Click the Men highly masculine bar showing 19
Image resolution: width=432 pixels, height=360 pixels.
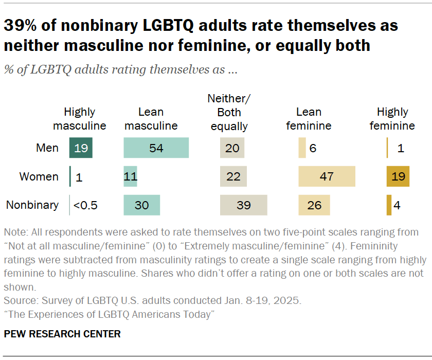click(x=81, y=148)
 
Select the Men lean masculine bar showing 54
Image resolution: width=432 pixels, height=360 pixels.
click(x=156, y=148)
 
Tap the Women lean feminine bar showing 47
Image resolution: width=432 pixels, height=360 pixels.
click(x=327, y=176)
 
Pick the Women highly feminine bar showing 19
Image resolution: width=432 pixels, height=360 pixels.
click(x=398, y=176)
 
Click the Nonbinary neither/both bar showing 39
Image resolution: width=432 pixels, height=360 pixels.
click(x=243, y=205)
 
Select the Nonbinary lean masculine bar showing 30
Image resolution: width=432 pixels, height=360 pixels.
click(x=141, y=205)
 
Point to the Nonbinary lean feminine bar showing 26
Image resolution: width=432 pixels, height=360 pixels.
click(x=314, y=205)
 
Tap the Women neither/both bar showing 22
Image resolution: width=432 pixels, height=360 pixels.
click(x=233, y=176)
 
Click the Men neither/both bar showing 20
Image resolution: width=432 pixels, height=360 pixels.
click(x=232, y=148)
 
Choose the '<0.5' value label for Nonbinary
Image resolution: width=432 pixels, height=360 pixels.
click(x=85, y=205)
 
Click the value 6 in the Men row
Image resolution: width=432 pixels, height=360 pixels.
click(x=313, y=148)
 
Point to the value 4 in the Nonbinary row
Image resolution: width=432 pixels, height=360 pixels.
click(x=397, y=205)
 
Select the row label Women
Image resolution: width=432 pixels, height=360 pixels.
click(x=39, y=176)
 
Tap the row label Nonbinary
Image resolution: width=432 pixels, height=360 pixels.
click(x=32, y=205)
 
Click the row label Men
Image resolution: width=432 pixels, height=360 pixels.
click(x=47, y=148)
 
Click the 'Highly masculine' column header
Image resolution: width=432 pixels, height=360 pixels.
click(x=80, y=119)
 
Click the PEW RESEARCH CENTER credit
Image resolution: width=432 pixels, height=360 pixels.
click(x=62, y=334)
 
